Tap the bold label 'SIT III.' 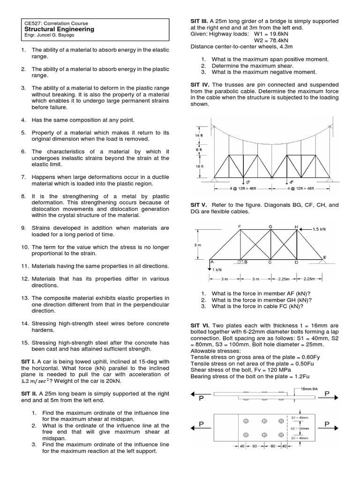tap(200, 22)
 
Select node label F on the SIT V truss tap(240, 226)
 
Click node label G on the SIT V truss tap(270, 226)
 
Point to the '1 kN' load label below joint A tap(217, 270)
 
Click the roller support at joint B tap(240, 262)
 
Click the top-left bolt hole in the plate tap(245, 420)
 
